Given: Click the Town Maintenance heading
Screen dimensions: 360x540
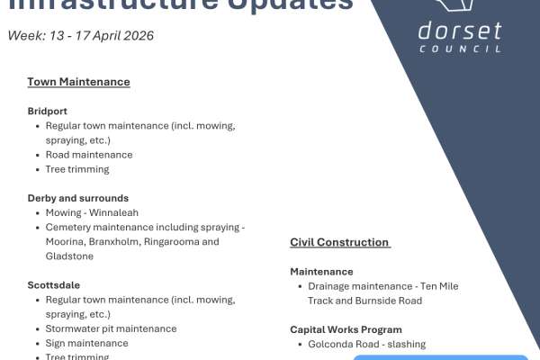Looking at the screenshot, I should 78,82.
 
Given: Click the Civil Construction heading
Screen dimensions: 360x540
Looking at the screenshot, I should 339,242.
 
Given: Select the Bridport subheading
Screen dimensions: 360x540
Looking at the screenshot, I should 48,111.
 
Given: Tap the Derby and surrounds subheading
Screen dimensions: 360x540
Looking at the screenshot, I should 78,198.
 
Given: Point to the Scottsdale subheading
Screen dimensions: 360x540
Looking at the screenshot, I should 53,285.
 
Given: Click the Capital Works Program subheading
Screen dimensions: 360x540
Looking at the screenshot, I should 346,329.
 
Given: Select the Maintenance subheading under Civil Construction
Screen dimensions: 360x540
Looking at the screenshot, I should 321,271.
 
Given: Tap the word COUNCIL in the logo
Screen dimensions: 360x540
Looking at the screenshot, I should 460,49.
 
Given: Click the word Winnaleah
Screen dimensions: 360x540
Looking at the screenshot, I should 114,212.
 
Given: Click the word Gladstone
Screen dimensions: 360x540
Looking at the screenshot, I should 70,256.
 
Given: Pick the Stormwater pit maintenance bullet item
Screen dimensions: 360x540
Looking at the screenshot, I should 111,328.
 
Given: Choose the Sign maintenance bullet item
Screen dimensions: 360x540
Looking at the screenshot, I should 86,343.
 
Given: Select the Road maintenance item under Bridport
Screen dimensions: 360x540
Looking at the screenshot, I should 88,155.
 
